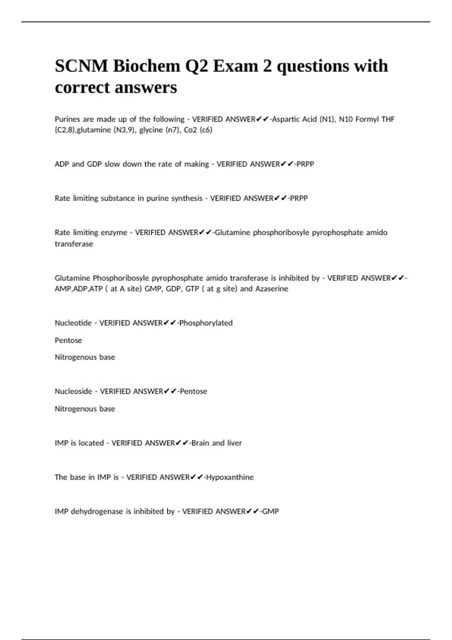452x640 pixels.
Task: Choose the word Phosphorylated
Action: (x=206, y=323)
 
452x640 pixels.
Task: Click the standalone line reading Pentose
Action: (x=68, y=340)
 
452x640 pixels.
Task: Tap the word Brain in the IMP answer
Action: (x=200, y=443)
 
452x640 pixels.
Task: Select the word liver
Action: (x=234, y=443)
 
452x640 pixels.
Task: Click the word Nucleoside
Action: (x=73, y=392)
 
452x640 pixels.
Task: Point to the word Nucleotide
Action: (x=73, y=323)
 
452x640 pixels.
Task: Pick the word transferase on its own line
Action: (x=74, y=244)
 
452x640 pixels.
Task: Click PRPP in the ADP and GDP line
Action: (x=305, y=164)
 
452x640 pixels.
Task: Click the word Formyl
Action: (x=367, y=119)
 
